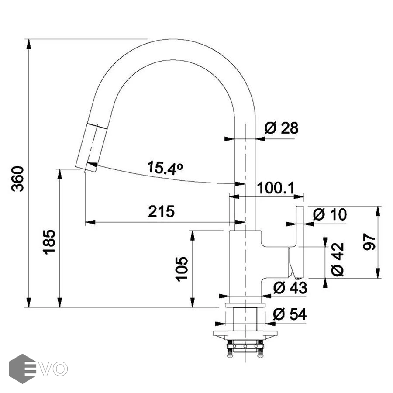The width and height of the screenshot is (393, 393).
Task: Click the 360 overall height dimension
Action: coord(18,179)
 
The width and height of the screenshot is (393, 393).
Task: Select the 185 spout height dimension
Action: coord(49,242)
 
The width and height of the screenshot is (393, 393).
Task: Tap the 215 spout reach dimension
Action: coord(161,211)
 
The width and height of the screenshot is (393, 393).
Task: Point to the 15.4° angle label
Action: coord(165,168)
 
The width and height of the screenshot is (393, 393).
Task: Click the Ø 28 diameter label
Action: coord(282,128)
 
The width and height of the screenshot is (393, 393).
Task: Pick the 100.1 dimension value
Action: coord(276,188)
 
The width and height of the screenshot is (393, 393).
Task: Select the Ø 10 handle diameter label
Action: coord(330,214)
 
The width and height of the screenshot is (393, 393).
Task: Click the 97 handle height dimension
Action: coord(369,242)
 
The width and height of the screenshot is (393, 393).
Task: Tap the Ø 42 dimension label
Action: coord(338,259)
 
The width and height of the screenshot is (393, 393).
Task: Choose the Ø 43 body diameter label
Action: coord(290,288)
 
